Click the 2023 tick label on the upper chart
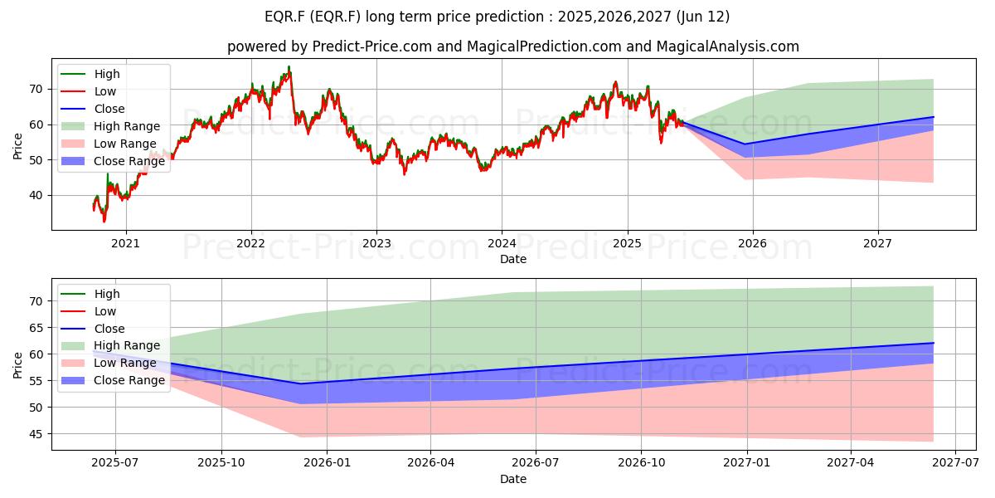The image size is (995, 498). [x=376, y=243]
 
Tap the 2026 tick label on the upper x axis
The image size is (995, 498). [x=753, y=243]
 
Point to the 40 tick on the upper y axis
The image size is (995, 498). [x=36, y=195]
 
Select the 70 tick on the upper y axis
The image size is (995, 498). [x=36, y=89]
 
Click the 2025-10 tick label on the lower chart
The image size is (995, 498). [x=221, y=462]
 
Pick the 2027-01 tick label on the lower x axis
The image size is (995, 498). [x=747, y=462]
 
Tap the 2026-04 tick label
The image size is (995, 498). [x=430, y=462]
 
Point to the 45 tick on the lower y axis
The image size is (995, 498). [x=36, y=434]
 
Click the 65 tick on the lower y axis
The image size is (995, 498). [x=36, y=328]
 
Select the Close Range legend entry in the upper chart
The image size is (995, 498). [x=113, y=161]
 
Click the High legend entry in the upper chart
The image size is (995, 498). [x=90, y=74]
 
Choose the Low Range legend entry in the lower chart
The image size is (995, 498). [x=109, y=363]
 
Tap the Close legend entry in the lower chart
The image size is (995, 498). [x=93, y=329]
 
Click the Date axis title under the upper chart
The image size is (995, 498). [x=513, y=259]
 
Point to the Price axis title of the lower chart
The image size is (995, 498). [x=17, y=365]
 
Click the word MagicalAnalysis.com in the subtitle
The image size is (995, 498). [x=728, y=46]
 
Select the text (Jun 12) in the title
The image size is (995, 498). [x=703, y=17]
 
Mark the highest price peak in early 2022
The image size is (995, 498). [x=289, y=66]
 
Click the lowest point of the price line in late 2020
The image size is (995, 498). [x=104, y=222]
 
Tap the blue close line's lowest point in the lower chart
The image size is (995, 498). [x=301, y=383]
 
